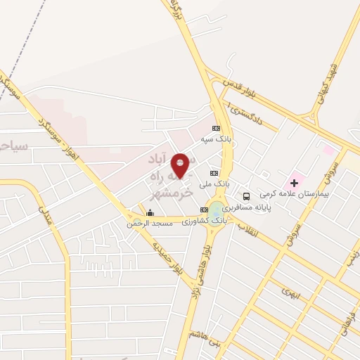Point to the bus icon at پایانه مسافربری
click(x=246, y=197)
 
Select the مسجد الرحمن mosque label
click(x=149, y=224)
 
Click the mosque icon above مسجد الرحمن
click(x=149, y=213)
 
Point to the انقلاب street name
click(x=248, y=229)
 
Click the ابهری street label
click(x=290, y=289)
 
